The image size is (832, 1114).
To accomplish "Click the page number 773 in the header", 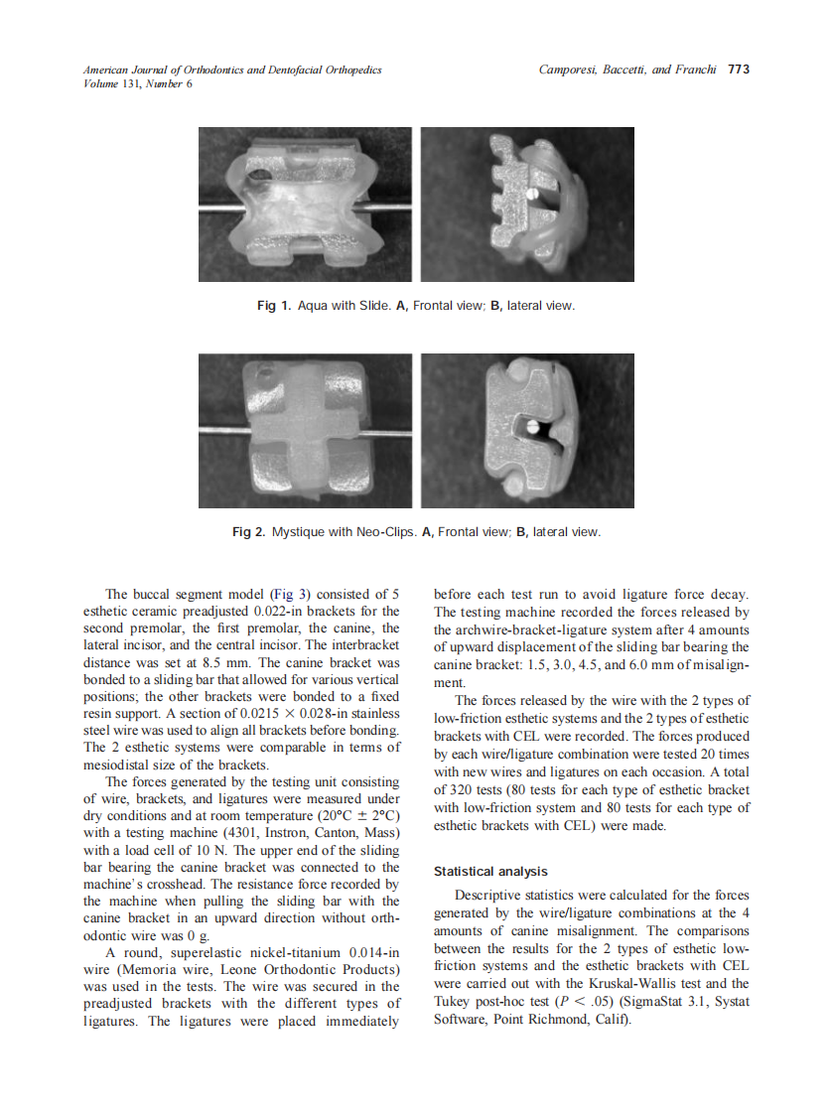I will pos(738,70).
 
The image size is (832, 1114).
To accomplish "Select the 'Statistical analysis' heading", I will pos(490,871).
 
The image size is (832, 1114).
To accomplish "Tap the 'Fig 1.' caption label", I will pos(275,305).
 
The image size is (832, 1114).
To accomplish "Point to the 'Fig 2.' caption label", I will pos(249,531).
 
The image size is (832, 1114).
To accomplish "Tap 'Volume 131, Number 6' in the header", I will pos(138,83).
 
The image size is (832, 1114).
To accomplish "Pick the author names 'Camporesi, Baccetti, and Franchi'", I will pos(627,70).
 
